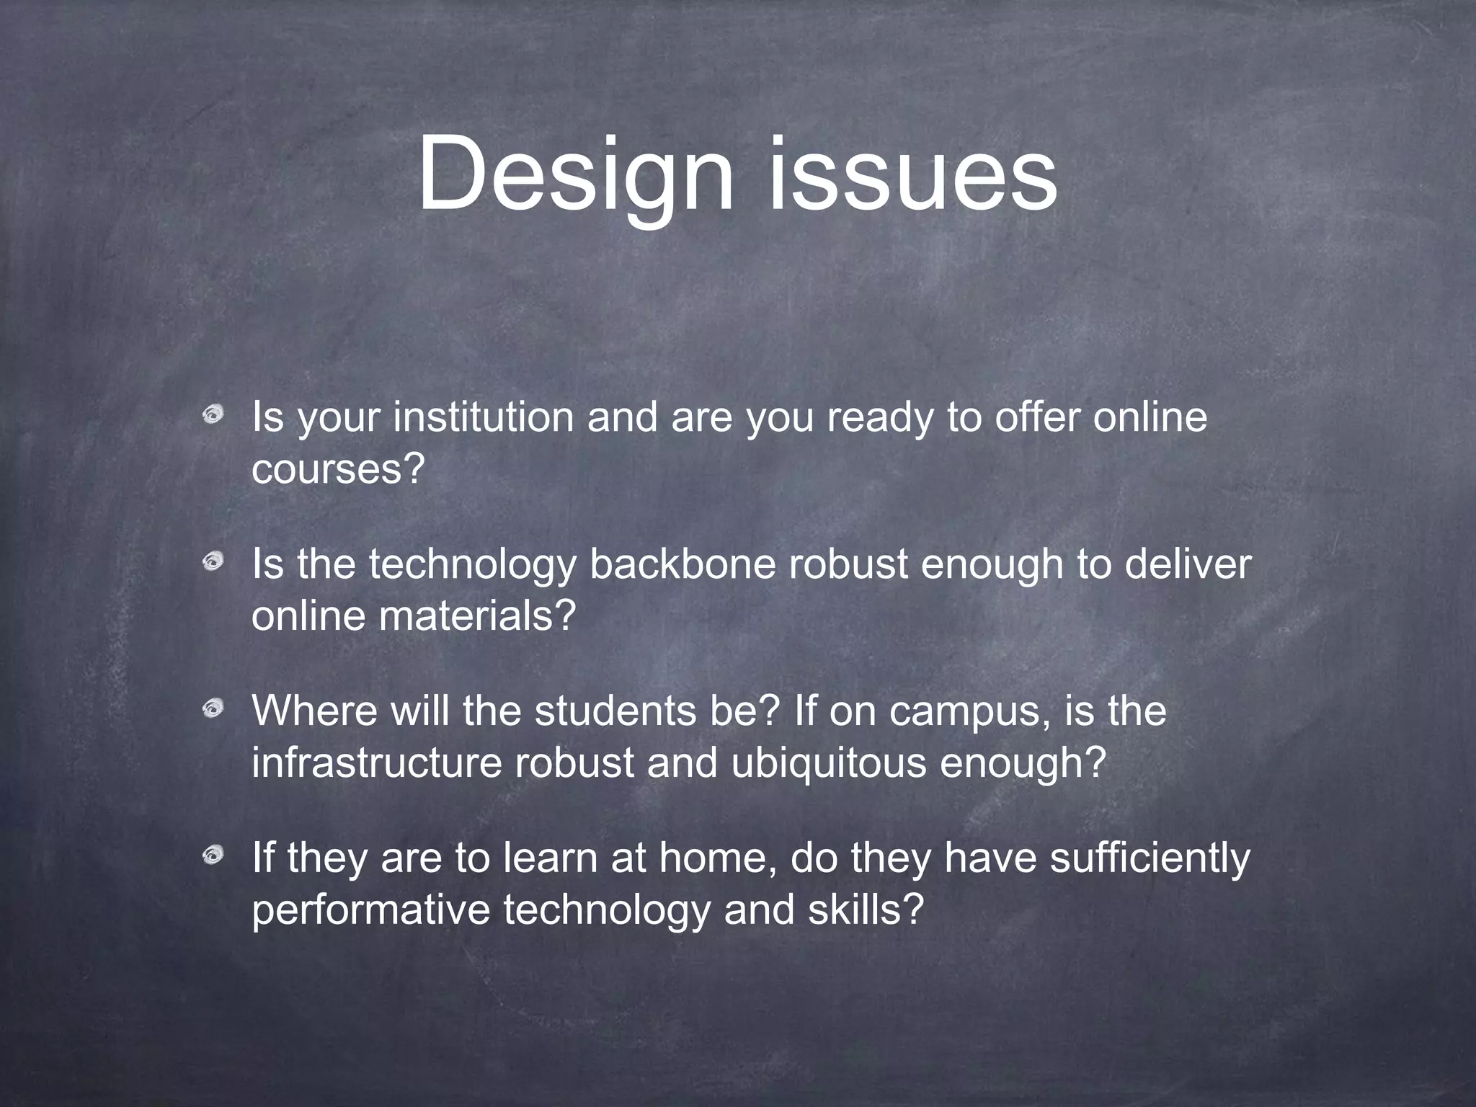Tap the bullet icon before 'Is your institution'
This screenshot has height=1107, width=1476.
tap(213, 414)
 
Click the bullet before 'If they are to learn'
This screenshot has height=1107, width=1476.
tap(213, 855)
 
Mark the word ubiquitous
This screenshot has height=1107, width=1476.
tap(828, 764)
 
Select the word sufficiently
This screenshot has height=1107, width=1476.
tap(1149, 859)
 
